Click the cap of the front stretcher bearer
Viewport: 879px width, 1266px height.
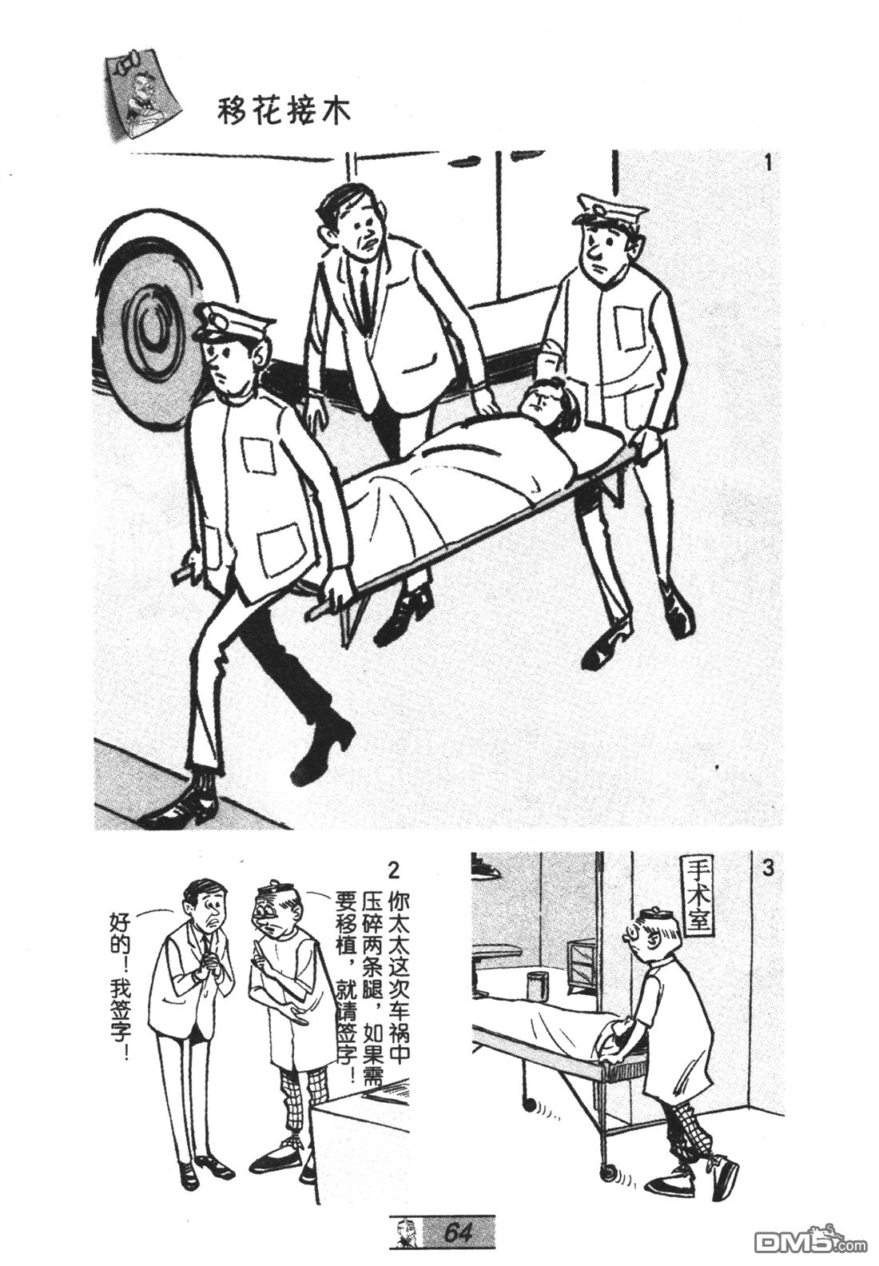pos(233,321)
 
